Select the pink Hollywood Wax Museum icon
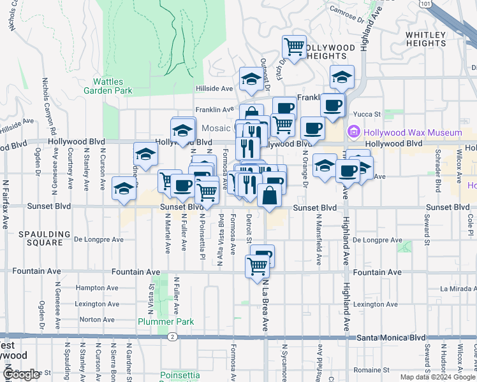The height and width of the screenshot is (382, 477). click(x=354, y=132)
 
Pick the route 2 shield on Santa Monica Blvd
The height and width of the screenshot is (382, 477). click(x=172, y=336)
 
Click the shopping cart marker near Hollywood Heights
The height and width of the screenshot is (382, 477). click(x=294, y=46)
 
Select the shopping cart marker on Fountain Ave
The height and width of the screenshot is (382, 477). click(x=257, y=265)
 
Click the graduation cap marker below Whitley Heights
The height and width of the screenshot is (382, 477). click(x=342, y=77)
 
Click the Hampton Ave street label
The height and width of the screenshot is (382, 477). click(x=94, y=288)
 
